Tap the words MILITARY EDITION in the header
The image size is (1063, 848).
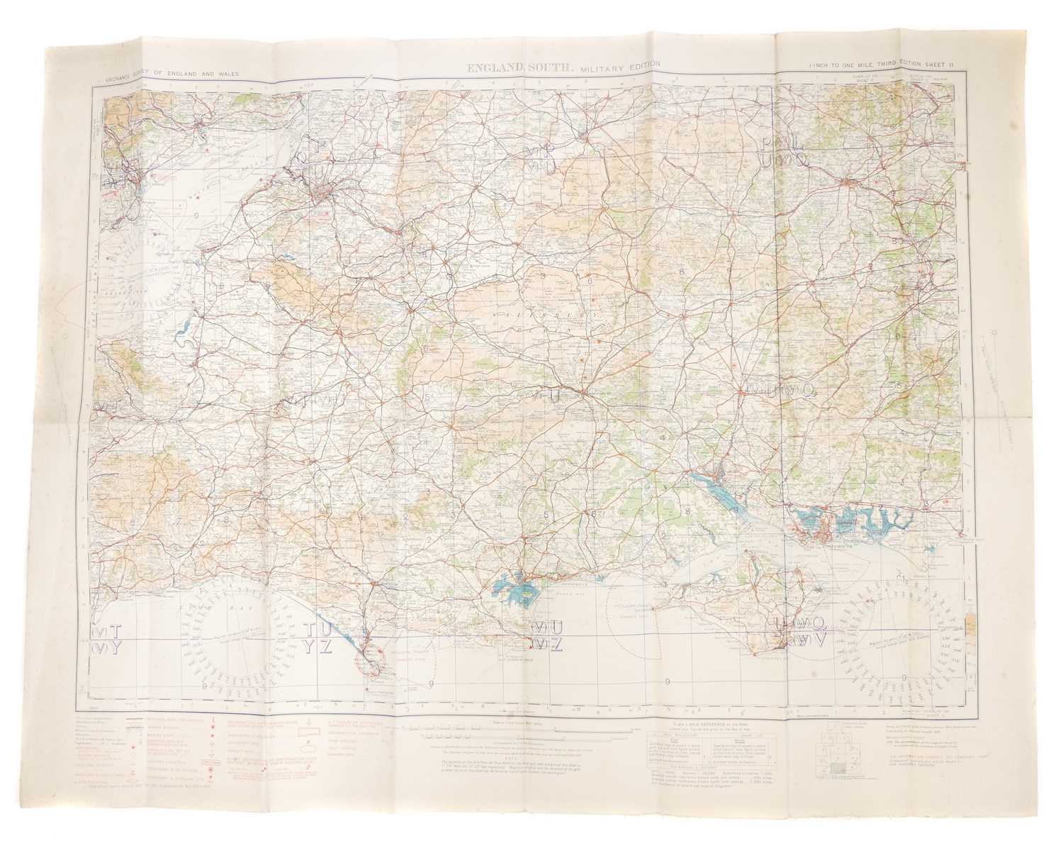click(x=618, y=66)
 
